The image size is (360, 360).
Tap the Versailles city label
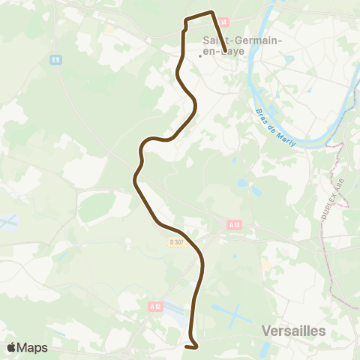(293, 330)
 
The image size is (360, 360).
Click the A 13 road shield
(234, 223)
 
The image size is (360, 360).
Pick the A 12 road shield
(155, 306)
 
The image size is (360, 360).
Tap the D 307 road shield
(175, 241)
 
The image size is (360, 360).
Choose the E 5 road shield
(55, 60)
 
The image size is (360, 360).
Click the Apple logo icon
(12, 347)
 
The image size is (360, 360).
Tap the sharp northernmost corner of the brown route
(213, 12)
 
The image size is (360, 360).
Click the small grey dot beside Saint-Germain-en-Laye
(199, 55)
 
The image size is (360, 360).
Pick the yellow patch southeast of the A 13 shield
(266, 265)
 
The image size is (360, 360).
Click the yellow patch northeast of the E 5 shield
(109, 31)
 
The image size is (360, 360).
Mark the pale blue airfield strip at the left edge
(7, 222)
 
